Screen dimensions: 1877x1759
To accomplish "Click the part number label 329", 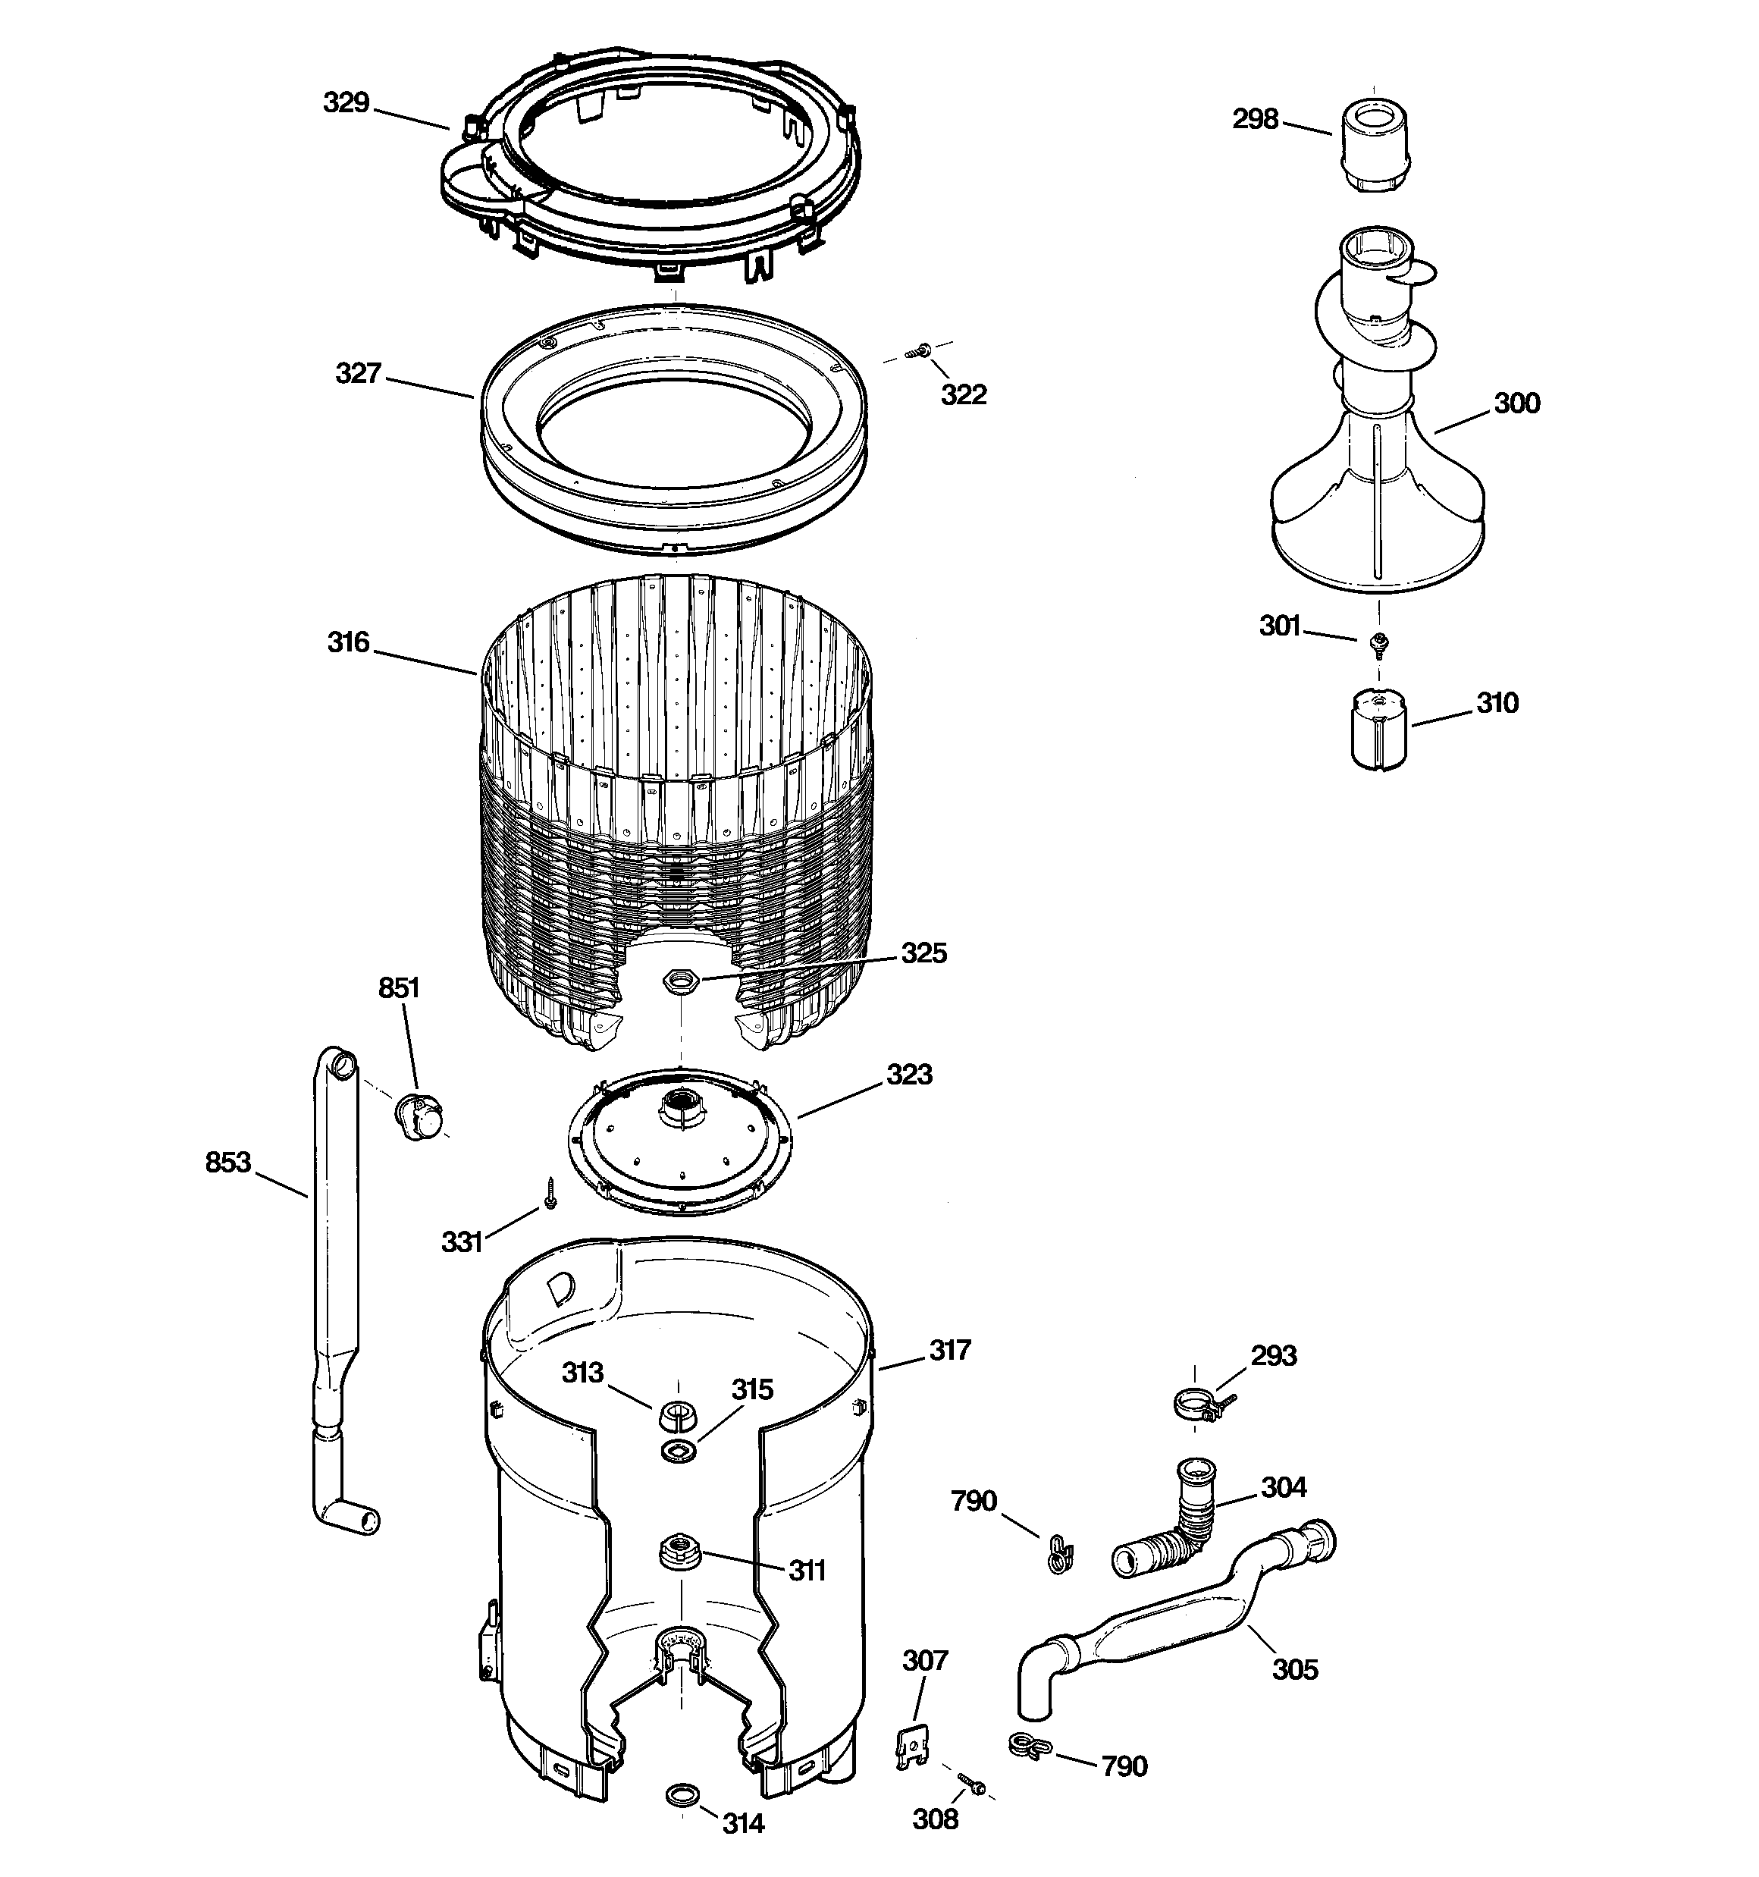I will (x=346, y=103).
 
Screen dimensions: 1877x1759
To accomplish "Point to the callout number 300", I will (x=1516, y=403).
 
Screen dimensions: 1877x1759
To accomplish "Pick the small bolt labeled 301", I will (x=1378, y=643).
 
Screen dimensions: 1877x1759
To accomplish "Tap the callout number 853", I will (x=228, y=1163).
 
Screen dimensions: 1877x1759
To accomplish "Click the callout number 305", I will (x=1294, y=1668).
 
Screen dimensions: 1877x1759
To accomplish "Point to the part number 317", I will (x=950, y=1350).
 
